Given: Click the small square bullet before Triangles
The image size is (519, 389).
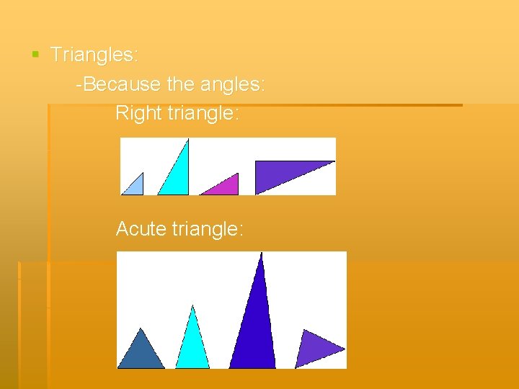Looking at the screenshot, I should pos(35,54).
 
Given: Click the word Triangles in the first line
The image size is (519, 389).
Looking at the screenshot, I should pos(94,55).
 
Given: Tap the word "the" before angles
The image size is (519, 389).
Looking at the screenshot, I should pos(180,84).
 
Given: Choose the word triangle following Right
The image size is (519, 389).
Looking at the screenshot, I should pos(205,113).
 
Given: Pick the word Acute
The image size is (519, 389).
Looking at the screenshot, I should pos(141,229).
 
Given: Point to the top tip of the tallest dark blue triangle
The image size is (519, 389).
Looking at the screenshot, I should pos(262,254).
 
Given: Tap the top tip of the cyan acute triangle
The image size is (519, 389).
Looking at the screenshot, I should pos(192,307).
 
